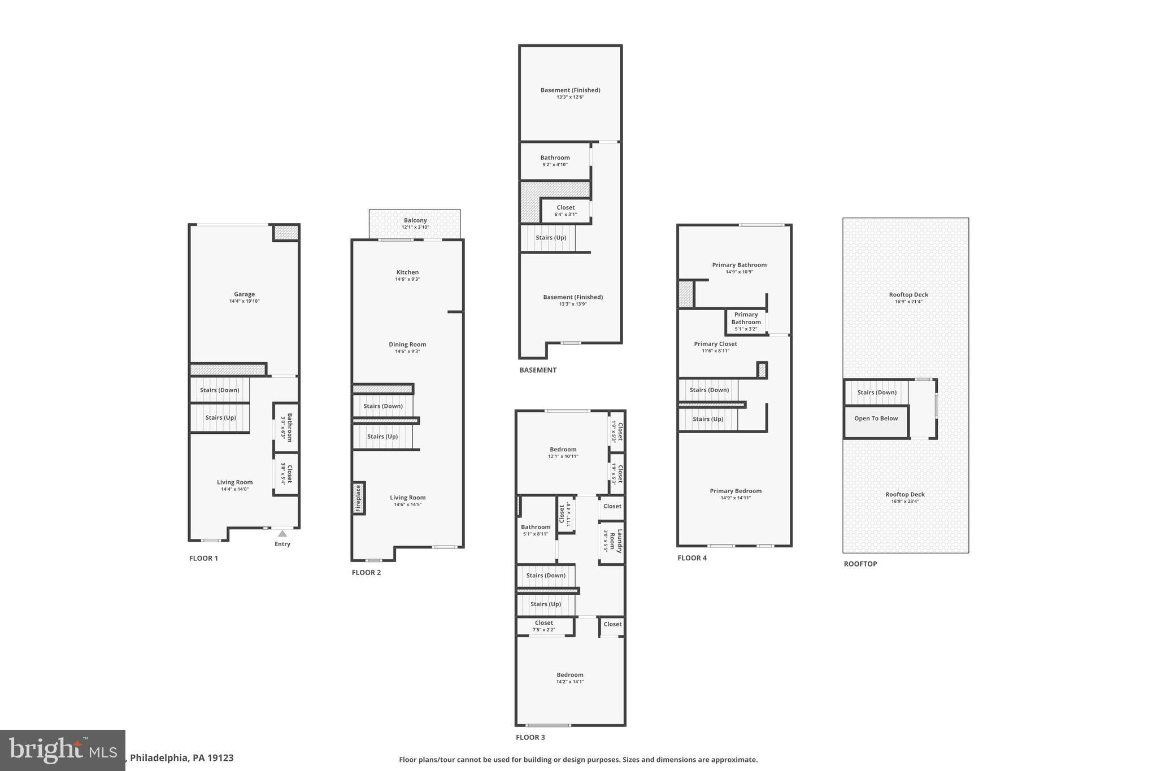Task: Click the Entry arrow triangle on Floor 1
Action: [x=282, y=534]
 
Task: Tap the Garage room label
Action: [x=244, y=294]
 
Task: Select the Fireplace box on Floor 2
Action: [x=358, y=498]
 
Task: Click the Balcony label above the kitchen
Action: [x=415, y=220]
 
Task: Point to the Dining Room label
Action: [x=407, y=345]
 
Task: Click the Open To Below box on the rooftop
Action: [x=876, y=419]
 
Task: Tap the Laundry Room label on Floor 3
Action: [x=616, y=541]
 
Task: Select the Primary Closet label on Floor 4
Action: [x=715, y=344]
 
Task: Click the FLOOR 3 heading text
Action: [x=530, y=737]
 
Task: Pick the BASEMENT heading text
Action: [x=538, y=370]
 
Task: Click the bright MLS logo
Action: [x=62, y=750]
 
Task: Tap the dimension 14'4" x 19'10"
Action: [x=244, y=302]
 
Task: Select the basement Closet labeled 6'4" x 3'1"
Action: [x=566, y=210]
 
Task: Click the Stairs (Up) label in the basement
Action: [x=551, y=238]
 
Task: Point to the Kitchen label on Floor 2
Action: [x=407, y=272]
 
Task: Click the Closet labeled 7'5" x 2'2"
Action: [x=544, y=626]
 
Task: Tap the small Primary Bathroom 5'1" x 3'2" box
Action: [x=746, y=321]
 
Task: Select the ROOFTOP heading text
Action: [x=860, y=564]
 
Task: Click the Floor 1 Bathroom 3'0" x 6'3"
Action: [x=287, y=428]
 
